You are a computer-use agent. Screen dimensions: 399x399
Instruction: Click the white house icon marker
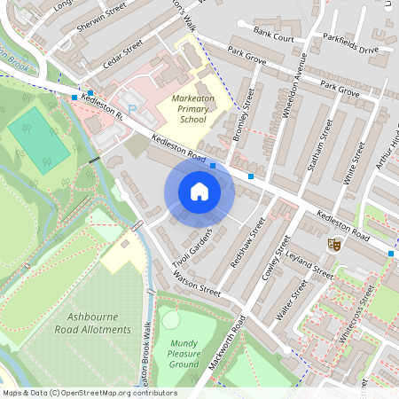(199, 191)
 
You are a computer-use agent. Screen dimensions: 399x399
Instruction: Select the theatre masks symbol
(334, 245)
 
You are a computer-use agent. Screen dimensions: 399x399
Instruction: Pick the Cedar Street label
(121, 55)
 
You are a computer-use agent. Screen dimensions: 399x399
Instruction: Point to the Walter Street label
(292, 301)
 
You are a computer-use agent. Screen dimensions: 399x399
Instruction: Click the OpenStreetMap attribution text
(89, 393)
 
